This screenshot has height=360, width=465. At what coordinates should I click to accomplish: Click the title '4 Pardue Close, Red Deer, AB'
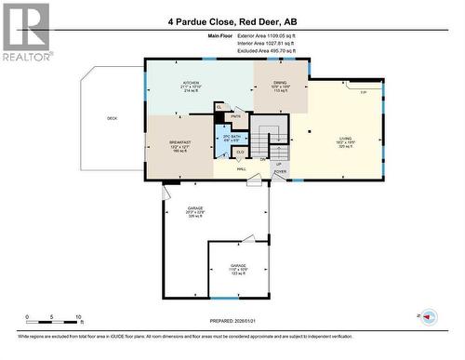(233, 20)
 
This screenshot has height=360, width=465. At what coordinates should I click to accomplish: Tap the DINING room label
(280, 86)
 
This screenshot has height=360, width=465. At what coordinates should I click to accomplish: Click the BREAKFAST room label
(180, 140)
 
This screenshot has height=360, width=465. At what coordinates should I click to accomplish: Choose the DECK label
(112, 118)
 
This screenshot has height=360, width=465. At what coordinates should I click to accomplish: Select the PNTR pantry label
(236, 116)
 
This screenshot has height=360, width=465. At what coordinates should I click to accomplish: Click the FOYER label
(279, 171)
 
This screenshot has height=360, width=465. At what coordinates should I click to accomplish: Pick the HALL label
(241, 169)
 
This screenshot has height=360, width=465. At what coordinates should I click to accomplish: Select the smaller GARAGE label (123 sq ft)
(238, 266)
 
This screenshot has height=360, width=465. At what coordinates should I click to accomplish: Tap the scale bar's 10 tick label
(77, 316)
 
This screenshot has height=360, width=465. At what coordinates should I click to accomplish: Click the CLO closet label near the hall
(240, 151)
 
